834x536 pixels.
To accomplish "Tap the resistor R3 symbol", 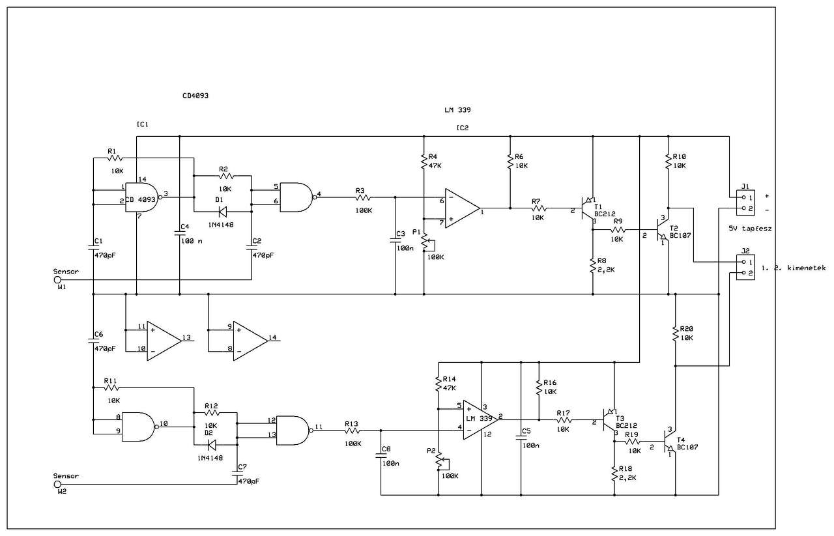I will pos(364,197).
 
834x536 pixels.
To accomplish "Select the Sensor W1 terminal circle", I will pos(57,280).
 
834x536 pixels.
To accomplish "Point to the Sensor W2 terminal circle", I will pos(57,485).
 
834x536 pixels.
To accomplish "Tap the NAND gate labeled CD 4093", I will pos(140,199).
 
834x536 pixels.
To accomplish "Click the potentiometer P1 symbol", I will pos(424,242).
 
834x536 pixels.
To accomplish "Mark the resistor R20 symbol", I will pos(675,335).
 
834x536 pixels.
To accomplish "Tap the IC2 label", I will pos(462,128).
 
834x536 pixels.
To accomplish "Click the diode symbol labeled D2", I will pos(210,445).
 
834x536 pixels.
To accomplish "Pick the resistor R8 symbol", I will pos(592,266).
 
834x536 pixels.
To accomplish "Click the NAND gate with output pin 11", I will pos(292,430).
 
